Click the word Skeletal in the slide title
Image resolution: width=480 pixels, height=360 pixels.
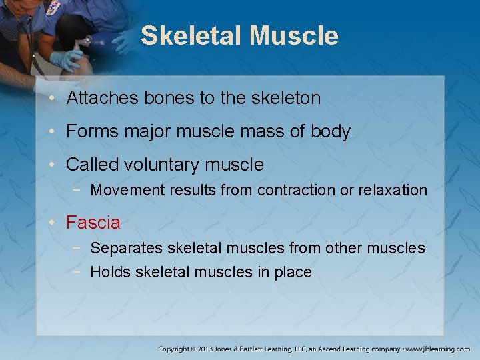(x=192, y=36)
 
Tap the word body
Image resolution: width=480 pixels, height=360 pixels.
(x=330, y=132)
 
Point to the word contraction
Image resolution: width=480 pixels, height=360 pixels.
(x=297, y=190)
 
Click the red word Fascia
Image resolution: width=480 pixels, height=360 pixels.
(x=93, y=223)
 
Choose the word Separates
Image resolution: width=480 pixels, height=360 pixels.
(x=126, y=249)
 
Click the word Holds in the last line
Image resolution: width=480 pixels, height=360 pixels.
(x=110, y=272)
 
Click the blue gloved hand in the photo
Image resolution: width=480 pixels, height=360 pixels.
(x=67, y=61)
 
